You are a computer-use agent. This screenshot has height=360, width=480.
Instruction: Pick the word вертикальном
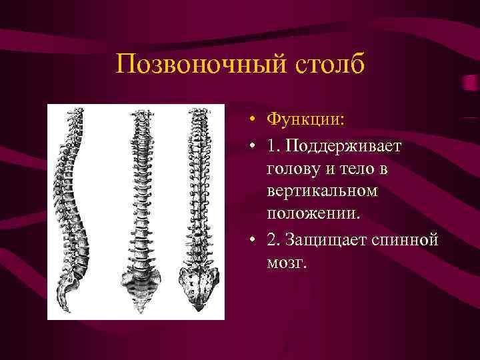pos(322,191)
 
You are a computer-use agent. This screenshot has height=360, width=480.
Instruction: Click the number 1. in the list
pos(273,145)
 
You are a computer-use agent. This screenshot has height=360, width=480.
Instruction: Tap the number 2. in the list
pos(273,239)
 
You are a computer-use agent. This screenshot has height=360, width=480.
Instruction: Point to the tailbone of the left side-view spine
pos(65,303)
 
